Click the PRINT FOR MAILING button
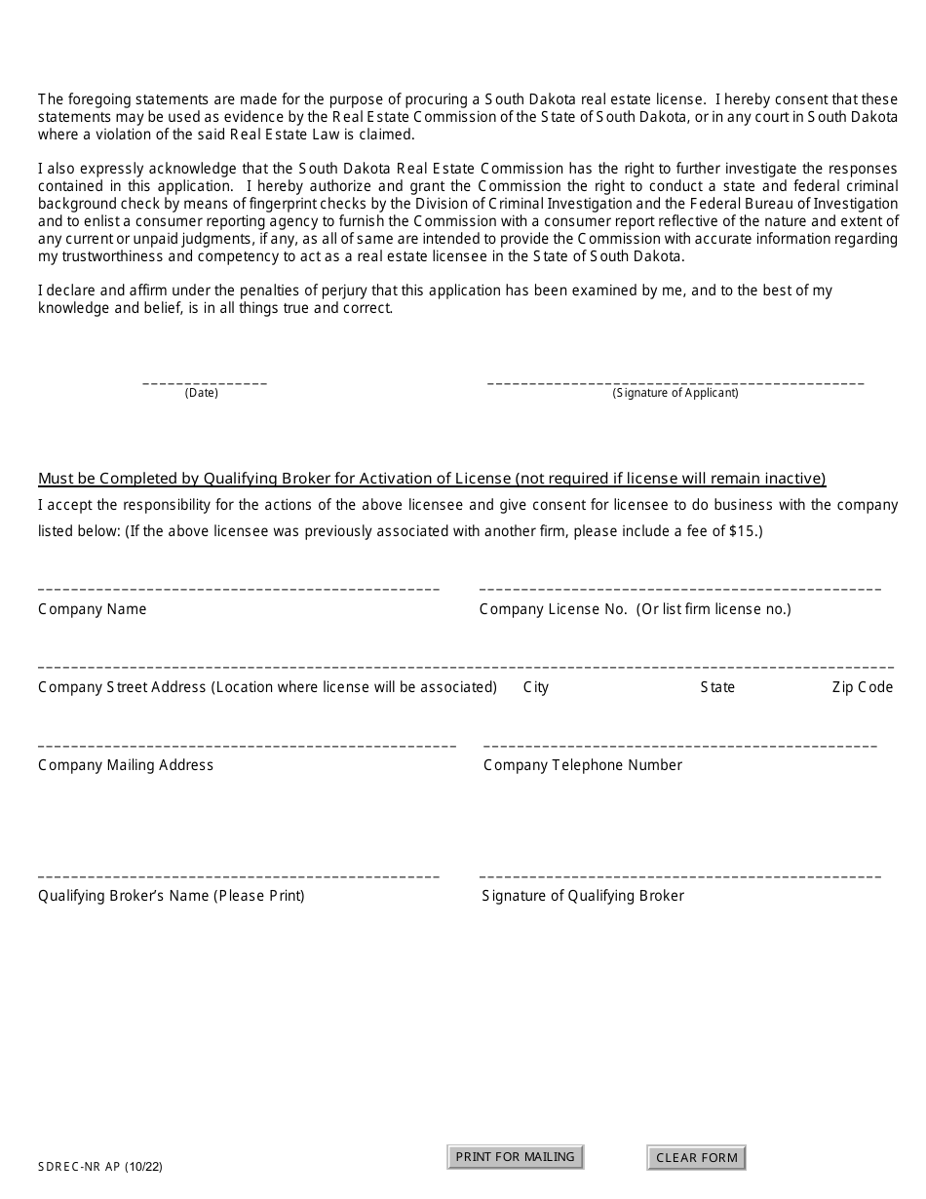(515, 1157)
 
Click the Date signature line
(205, 382)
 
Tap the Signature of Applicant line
(675, 382)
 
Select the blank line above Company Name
(239, 589)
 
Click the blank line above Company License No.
(679, 589)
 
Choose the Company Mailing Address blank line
(247, 746)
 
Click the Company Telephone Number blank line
(679, 746)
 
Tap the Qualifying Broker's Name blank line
(239, 876)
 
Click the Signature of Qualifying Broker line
(679, 876)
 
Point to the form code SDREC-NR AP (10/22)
(95, 1165)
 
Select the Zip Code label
(862, 687)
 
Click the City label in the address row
(536, 687)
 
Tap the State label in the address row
(717, 687)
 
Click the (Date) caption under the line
(202, 394)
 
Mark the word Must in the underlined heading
(55, 479)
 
